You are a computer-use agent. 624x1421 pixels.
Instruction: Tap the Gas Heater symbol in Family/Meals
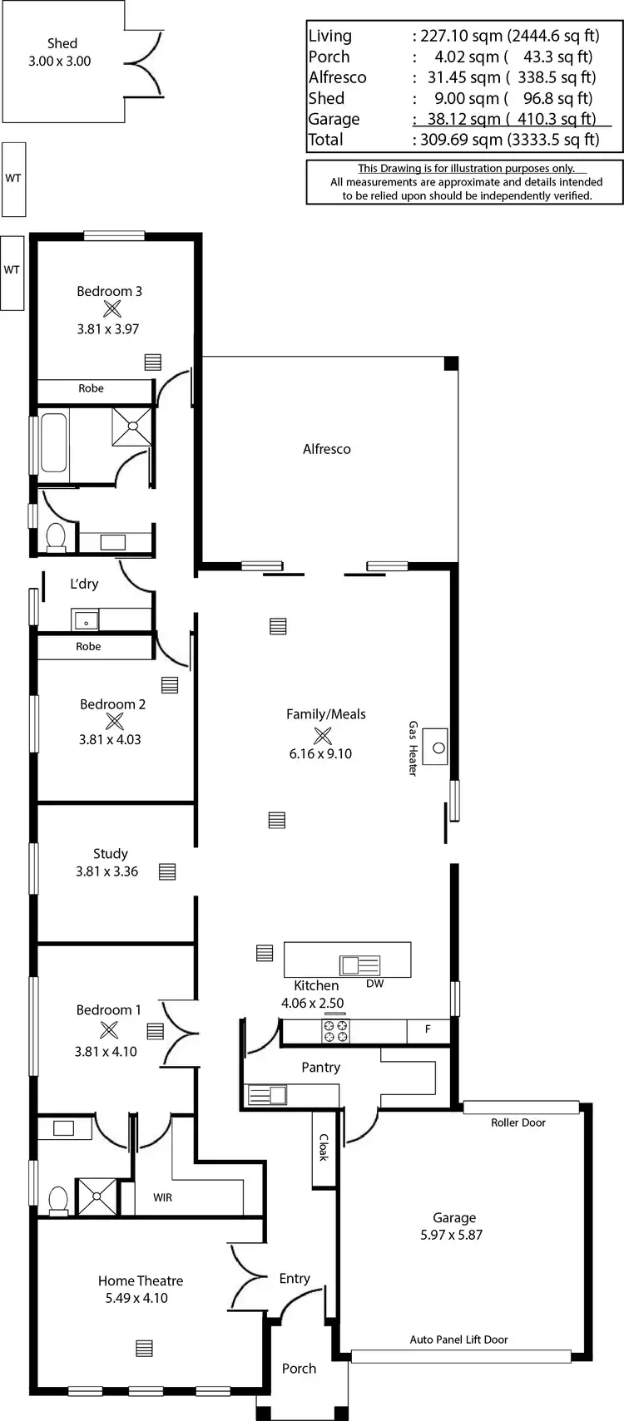click(435, 746)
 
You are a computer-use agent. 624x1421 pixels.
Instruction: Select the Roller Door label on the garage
click(518, 1122)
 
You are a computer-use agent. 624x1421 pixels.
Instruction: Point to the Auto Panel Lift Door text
click(458, 1340)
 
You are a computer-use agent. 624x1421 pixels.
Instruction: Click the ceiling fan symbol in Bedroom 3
click(112, 309)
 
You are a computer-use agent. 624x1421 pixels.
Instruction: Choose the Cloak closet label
click(324, 1147)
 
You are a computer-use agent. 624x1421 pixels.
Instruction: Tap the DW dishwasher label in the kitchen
click(374, 983)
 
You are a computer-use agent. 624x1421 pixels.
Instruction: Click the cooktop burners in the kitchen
click(336, 1031)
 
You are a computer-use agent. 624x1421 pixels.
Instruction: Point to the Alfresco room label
click(326, 449)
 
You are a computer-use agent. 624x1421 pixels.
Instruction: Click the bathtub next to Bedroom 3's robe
click(53, 444)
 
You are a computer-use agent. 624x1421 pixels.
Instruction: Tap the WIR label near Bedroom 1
click(163, 1197)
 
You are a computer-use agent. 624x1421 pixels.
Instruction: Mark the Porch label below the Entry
click(299, 1369)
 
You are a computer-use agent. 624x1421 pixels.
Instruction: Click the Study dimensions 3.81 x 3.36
click(106, 871)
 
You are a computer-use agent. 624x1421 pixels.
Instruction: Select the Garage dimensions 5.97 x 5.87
click(451, 1235)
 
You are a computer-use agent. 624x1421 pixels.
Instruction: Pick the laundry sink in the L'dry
click(86, 620)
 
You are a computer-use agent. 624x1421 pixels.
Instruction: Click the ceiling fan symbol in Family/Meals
click(322, 736)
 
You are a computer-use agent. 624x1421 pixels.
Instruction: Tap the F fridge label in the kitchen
click(428, 1029)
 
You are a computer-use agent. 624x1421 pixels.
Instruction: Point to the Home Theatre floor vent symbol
click(144, 1348)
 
